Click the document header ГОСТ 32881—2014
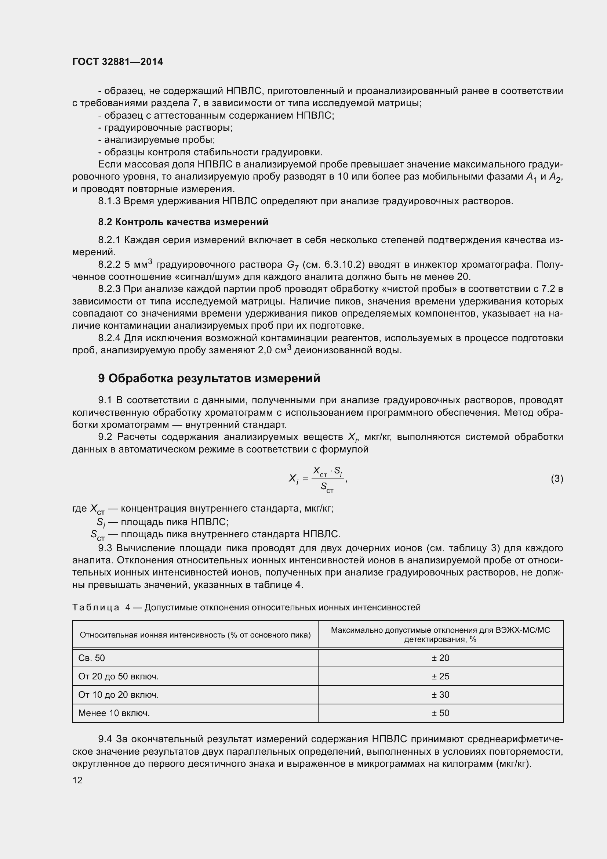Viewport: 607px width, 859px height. [x=117, y=62]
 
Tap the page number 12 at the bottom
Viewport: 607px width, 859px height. [x=77, y=780]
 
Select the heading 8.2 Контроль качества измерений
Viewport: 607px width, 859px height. [x=183, y=222]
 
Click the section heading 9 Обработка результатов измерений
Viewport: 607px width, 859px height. [x=209, y=379]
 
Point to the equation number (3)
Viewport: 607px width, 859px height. [x=557, y=479]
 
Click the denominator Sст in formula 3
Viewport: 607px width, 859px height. [x=327, y=487]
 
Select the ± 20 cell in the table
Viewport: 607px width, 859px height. [x=440, y=658]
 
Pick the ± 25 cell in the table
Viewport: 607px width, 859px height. [x=440, y=676]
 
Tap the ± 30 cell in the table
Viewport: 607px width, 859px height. [x=440, y=694]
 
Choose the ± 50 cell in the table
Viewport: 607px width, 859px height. [x=440, y=713]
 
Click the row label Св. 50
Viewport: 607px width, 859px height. [x=92, y=658]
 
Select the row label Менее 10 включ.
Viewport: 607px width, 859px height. [x=114, y=713]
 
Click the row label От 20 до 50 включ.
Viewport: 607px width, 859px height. [x=119, y=676]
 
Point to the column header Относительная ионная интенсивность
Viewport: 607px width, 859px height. [x=195, y=635]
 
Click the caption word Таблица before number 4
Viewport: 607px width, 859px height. [x=96, y=607]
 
